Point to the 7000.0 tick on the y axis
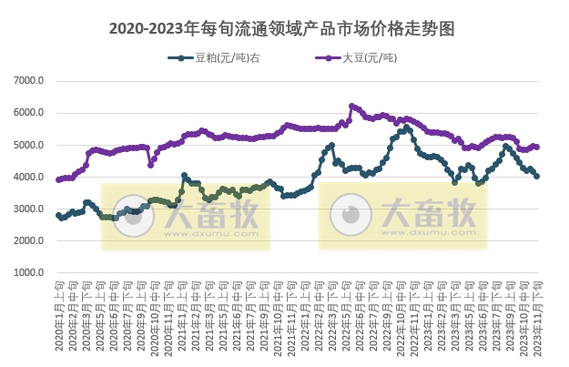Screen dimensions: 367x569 [x=30, y=81]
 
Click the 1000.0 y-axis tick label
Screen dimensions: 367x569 [x=30, y=273]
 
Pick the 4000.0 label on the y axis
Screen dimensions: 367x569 [x=30, y=178]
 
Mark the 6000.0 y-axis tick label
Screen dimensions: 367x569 [x=30, y=113]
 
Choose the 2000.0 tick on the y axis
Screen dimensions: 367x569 [x=30, y=241]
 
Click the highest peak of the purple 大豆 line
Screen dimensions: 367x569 [x=351, y=106]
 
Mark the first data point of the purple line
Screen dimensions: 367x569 [x=58, y=179]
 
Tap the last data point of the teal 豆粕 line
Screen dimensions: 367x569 [x=537, y=177]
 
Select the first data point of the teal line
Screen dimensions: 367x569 [x=58, y=216]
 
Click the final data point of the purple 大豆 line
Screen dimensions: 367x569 [x=537, y=147]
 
